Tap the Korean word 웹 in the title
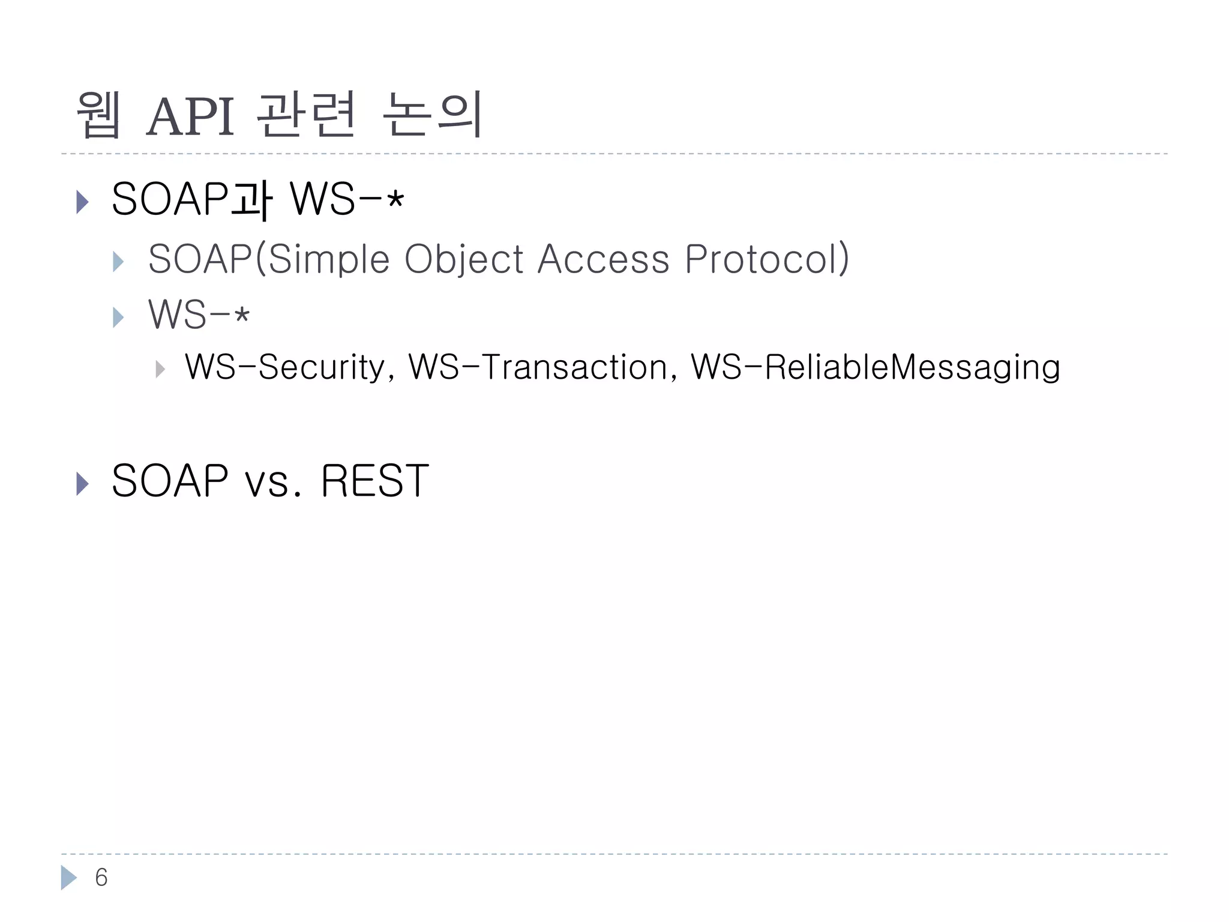pos(99,115)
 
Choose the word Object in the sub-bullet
pos(464,259)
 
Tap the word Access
pos(603,259)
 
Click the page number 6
pos(101,878)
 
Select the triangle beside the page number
pos(68,878)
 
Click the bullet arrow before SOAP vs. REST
pos(83,483)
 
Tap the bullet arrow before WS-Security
pos(160,369)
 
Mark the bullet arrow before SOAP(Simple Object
pos(118,262)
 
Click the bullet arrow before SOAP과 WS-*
pos(83,202)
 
